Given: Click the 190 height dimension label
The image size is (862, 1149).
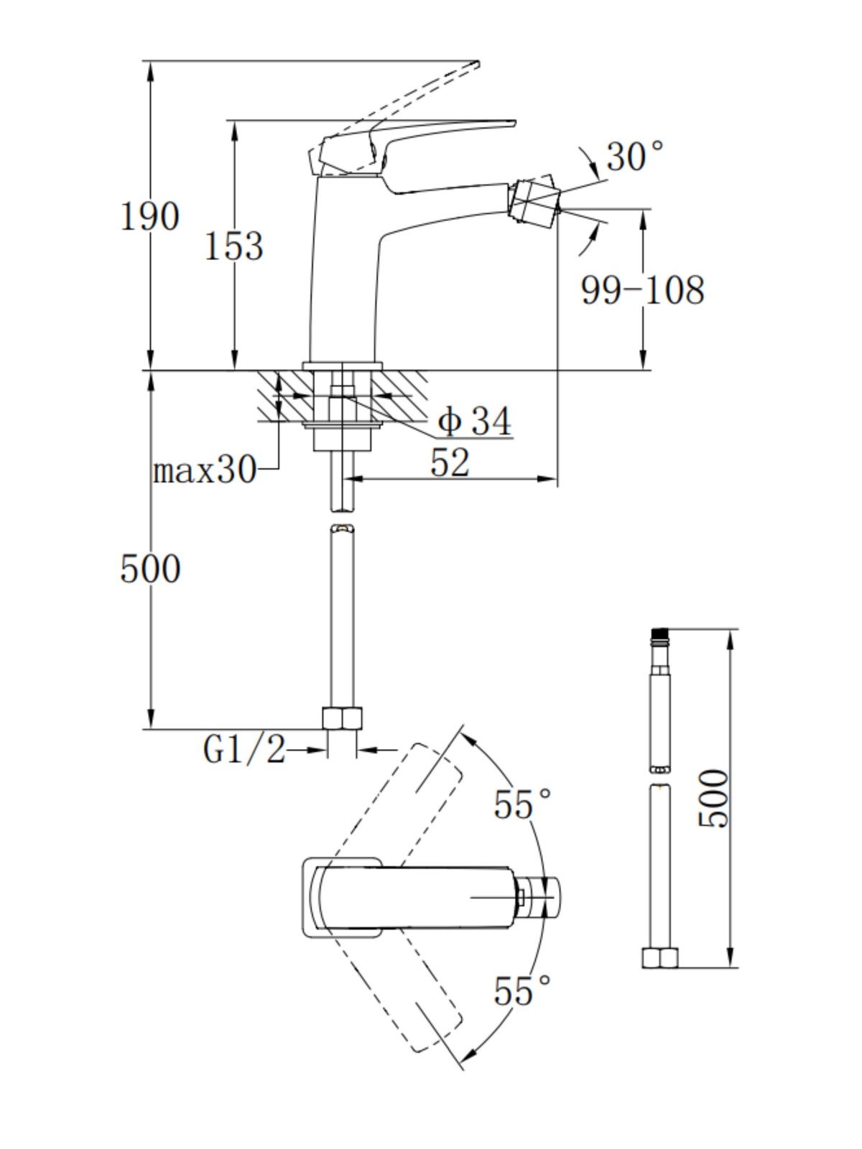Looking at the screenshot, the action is (149, 216).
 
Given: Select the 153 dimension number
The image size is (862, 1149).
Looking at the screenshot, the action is (233, 246).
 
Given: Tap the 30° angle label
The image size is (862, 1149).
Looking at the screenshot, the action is (635, 155).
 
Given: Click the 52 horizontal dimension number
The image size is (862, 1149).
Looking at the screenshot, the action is (450, 462).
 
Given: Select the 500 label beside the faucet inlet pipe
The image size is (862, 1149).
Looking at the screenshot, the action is (150, 569).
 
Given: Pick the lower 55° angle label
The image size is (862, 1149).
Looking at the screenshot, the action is (522, 990).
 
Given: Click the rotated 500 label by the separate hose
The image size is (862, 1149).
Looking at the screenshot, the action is (713, 799).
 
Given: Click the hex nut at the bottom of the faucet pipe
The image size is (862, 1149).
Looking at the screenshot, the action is (343, 718).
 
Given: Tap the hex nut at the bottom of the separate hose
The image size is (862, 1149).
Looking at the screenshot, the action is (660, 957).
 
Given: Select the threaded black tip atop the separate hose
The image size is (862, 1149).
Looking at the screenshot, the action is (660, 635).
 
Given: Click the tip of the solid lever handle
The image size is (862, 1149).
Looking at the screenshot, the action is (514, 124).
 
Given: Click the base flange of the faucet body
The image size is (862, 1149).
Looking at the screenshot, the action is (343, 366).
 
